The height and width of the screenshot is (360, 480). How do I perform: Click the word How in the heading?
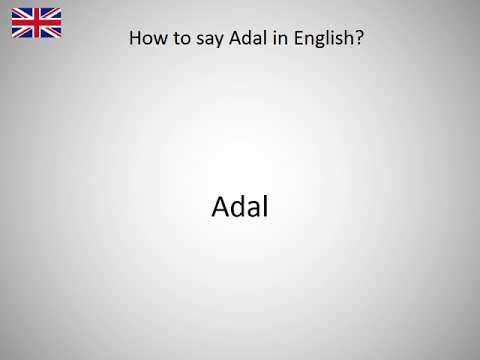click(147, 40)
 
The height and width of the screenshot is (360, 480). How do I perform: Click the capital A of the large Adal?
click(220, 207)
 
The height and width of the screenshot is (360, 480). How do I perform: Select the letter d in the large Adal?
click(237, 207)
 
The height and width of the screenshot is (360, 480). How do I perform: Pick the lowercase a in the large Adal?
click(253, 209)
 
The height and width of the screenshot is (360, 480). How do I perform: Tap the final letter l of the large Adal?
click(266, 206)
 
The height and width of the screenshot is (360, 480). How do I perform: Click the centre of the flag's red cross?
click(36, 23)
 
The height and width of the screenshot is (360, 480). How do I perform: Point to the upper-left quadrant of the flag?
click(21, 14)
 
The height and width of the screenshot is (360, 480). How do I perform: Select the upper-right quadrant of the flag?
click(51, 14)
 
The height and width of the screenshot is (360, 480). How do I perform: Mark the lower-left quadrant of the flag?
click(21, 32)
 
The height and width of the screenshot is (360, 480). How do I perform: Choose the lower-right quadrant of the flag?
click(51, 32)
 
